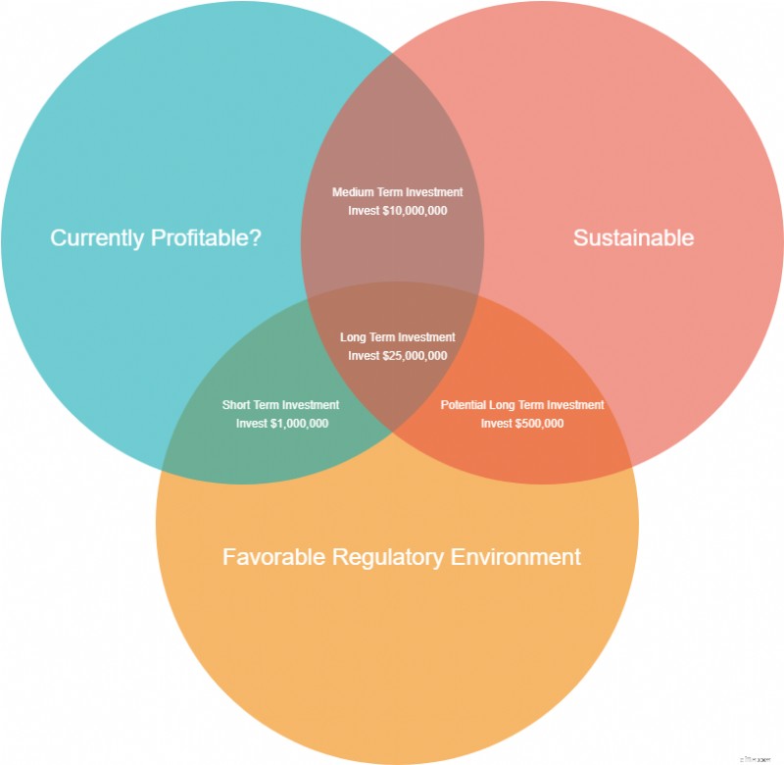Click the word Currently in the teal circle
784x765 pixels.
tap(97, 238)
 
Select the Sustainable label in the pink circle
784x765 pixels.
tap(633, 237)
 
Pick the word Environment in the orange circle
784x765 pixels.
tap(515, 557)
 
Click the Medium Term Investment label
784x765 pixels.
tap(398, 192)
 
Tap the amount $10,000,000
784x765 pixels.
tap(415, 211)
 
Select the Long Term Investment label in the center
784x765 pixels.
tap(398, 337)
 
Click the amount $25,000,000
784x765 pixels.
tap(415, 356)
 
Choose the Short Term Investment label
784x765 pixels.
tap(280, 405)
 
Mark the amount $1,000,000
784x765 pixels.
tap(300, 424)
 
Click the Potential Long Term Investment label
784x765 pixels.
tap(522, 405)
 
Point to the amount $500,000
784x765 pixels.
tap(540, 424)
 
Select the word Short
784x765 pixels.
tap(236, 405)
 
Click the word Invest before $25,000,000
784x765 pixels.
tap(364, 356)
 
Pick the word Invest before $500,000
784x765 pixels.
tap(497, 424)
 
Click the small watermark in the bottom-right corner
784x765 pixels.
tap(755, 759)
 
